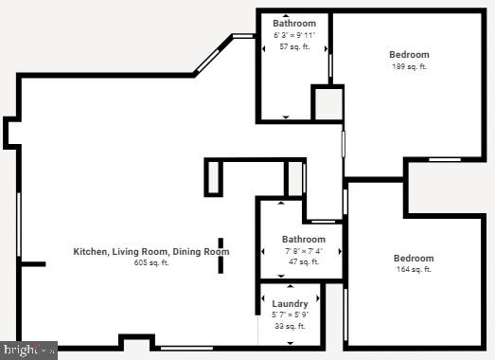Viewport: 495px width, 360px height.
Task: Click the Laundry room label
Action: [290, 304]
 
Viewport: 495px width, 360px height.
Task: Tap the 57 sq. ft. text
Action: [294, 46]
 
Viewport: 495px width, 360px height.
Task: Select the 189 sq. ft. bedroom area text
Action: [409, 66]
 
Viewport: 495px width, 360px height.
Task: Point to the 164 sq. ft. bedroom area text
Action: [414, 270]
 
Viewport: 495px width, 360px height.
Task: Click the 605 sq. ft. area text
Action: [151, 262]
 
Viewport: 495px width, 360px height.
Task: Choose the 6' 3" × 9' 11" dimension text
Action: [294, 35]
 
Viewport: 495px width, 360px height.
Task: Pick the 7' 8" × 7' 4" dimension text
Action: [304, 251]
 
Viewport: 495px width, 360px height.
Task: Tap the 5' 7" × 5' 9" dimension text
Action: [290, 315]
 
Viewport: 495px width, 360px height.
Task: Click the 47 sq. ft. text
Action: [304, 261]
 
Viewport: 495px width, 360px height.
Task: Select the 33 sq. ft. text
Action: [290, 326]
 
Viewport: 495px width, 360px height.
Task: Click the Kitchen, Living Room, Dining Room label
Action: [151, 251]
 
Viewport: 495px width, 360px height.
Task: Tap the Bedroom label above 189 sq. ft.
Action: [409, 55]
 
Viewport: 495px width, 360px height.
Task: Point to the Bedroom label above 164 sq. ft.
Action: [414, 259]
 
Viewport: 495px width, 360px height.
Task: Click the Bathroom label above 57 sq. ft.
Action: [294, 23]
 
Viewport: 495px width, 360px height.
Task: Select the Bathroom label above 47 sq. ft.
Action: [304, 240]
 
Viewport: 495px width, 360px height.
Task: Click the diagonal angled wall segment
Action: [212, 56]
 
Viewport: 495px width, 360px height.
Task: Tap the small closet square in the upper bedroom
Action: [327, 102]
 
